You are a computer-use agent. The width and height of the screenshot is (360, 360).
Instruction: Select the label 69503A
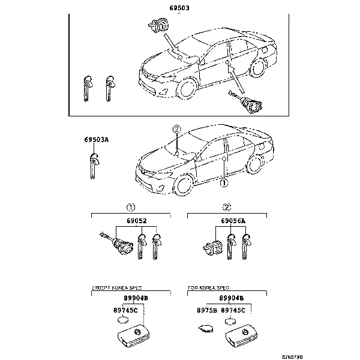96,139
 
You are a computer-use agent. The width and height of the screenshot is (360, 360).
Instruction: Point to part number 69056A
233,221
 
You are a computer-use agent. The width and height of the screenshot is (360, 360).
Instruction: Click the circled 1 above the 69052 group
130,208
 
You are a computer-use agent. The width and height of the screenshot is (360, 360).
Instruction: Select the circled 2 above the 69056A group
226,208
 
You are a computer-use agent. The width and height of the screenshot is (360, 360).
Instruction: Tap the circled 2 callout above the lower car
176,129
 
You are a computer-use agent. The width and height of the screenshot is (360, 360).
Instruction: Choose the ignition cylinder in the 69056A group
212,246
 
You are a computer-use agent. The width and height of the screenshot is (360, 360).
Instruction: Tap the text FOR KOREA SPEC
208,288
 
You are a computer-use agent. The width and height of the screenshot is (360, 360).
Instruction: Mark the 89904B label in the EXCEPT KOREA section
137,298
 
